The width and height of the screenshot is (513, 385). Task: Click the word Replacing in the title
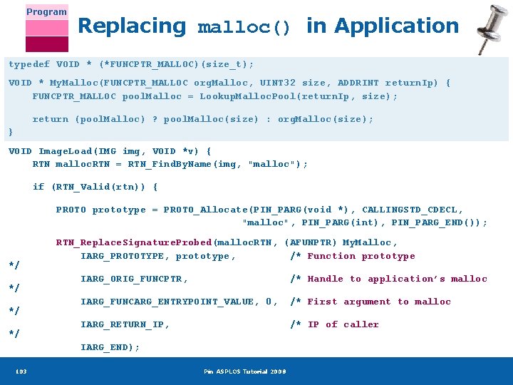point(131,26)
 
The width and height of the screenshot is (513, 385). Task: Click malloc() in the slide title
point(244,28)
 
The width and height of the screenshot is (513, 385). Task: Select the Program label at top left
point(47,11)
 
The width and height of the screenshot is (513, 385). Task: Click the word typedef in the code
point(29,64)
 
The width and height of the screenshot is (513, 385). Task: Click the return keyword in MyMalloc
point(51,119)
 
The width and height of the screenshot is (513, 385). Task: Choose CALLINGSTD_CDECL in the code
point(413,210)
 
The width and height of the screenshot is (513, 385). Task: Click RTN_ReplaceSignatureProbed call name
point(134,242)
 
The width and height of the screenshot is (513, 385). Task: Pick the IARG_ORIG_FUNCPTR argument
point(134,279)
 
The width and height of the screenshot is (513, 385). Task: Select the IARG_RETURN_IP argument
point(125,324)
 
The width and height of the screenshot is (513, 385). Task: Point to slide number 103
point(21,371)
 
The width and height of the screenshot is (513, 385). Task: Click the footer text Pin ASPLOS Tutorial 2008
point(244,371)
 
